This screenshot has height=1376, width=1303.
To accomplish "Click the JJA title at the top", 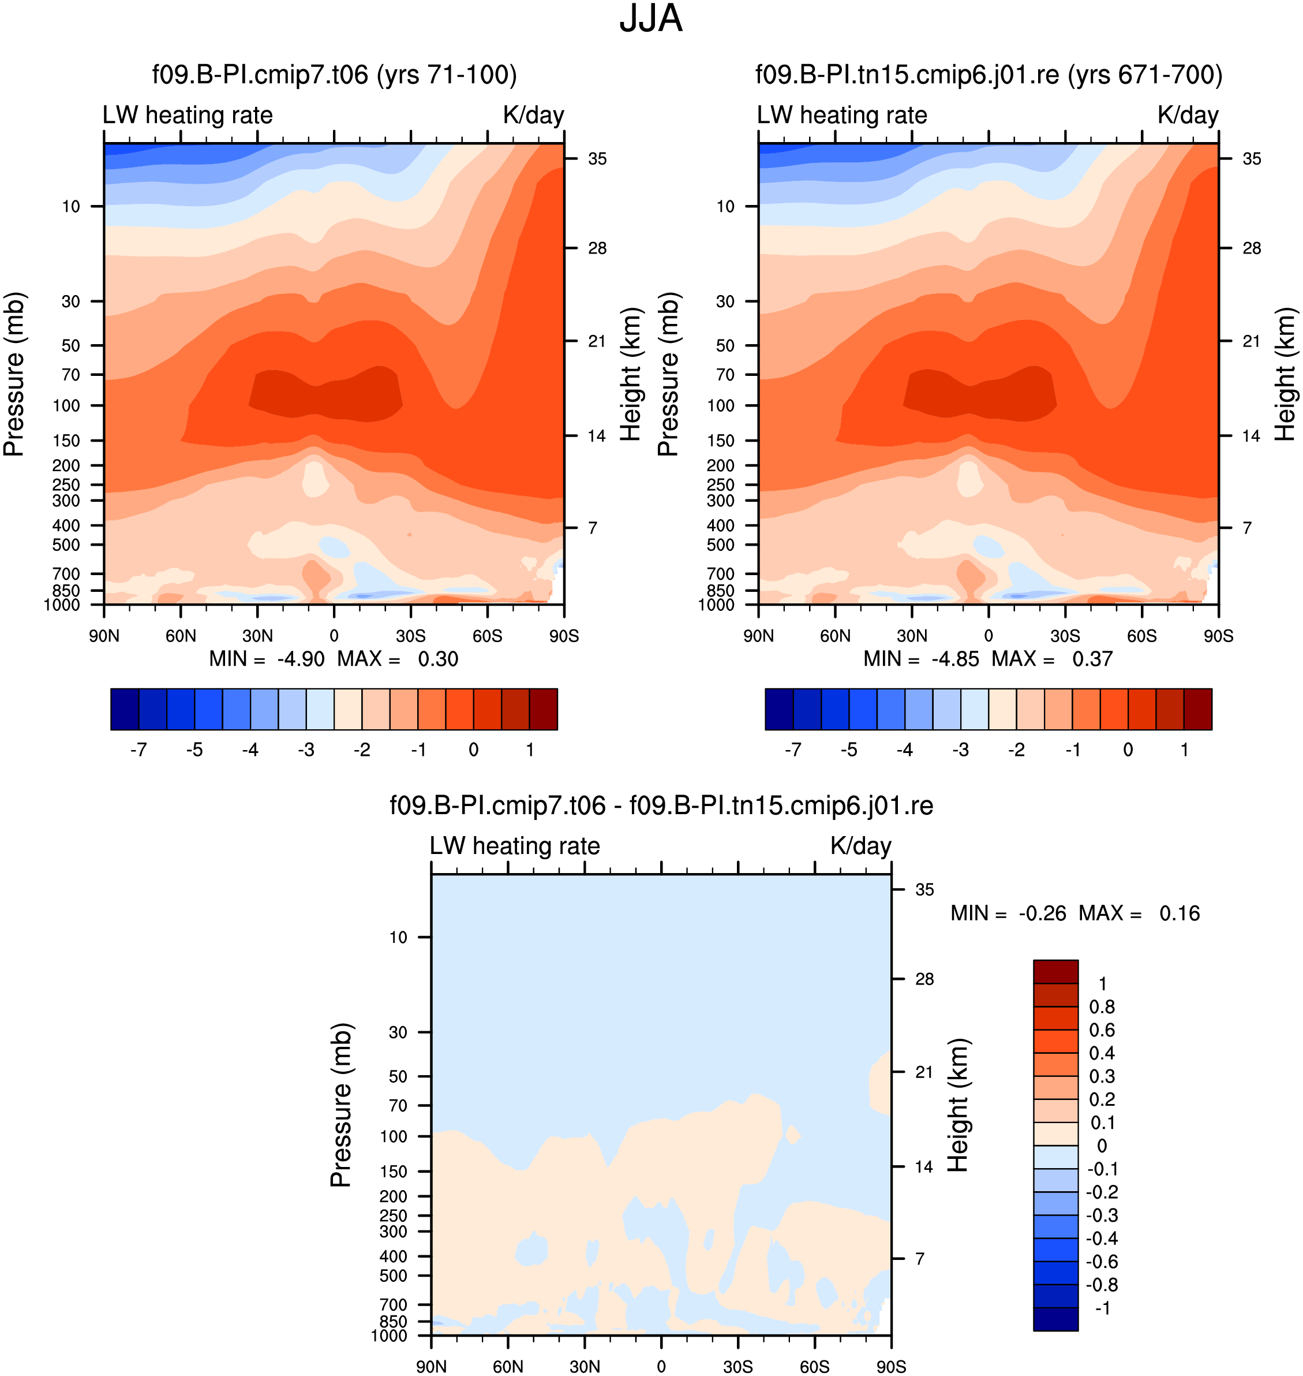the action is [651, 18].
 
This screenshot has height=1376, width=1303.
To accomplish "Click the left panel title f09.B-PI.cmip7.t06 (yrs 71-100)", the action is [335, 75].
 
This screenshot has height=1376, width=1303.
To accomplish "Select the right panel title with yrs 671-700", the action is [989, 75].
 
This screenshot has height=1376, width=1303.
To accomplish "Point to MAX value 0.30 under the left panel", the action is [437, 659].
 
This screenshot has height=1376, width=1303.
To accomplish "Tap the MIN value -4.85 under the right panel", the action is [955, 659].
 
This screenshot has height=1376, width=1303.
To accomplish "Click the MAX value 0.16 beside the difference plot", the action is [1180, 913].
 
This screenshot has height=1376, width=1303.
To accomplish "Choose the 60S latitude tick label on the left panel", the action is [487, 636].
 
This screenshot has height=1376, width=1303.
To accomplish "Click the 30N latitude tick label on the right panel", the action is [912, 636].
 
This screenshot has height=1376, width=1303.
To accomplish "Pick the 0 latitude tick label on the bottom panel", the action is [661, 1366].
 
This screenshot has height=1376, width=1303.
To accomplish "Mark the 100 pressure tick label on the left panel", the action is [67, 405].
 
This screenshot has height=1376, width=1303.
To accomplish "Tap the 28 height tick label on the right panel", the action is [1252, 248].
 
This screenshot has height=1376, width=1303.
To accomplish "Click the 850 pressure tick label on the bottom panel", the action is [394, 1321].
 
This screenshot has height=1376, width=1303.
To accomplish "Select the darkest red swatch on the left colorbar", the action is [543, 709].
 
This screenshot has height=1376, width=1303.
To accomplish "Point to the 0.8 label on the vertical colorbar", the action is [1102, 1007].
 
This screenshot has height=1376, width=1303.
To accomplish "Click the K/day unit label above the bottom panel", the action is [860, 846].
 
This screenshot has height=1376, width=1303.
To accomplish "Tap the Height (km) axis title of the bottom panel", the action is [958, 1105].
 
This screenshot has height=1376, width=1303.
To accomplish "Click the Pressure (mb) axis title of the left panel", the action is [14, 374].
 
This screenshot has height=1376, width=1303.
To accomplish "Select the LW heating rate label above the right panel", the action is [842, 115].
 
